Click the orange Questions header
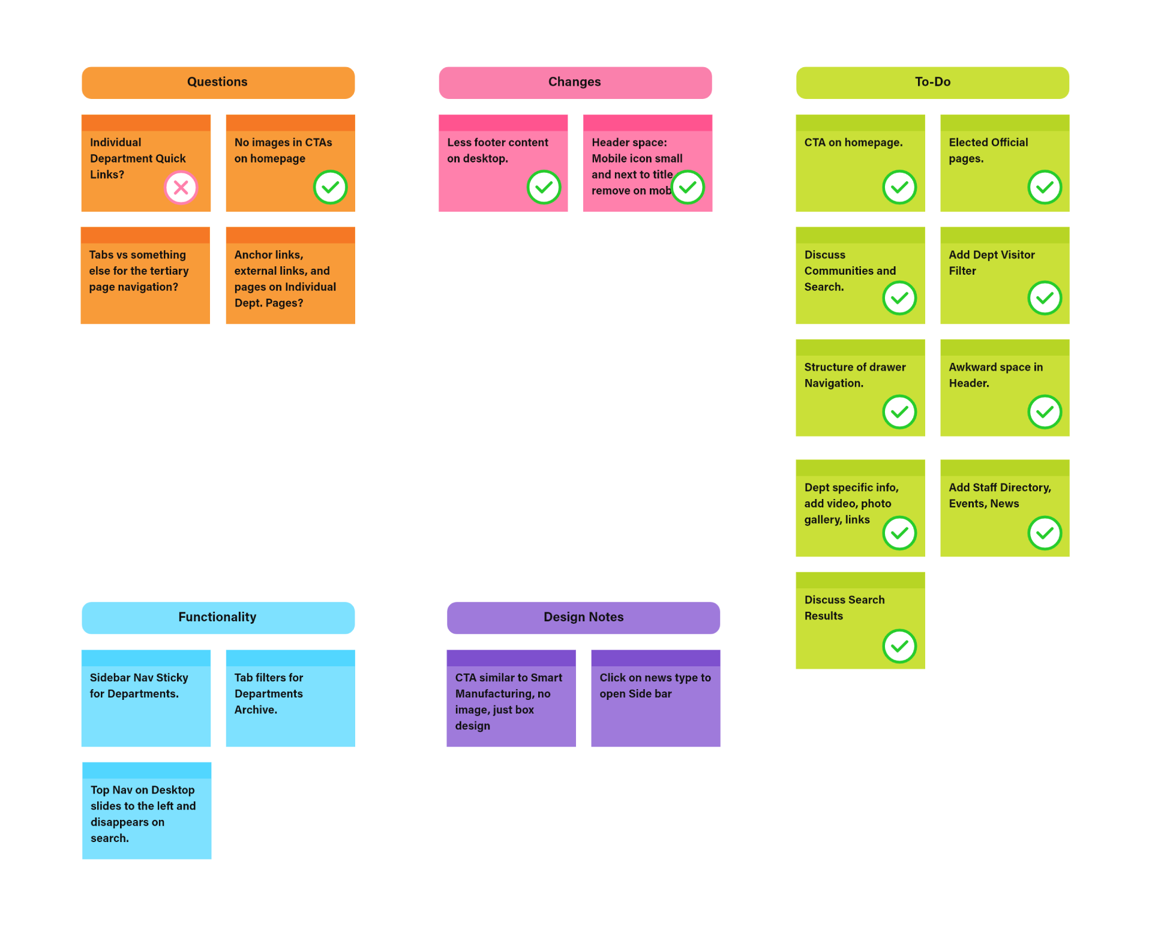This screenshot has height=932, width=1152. (218, 83)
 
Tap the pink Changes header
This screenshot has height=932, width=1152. (575, 83)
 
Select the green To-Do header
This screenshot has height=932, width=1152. (932, 83)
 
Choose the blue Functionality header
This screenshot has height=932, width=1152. (218, 617)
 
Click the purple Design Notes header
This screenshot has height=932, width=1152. (583, 617)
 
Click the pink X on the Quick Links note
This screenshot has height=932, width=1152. (181, 188)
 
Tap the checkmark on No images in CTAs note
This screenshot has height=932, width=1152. (330, 187)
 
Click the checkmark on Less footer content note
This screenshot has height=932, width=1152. (544, 187)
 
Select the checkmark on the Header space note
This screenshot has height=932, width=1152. (688, 187)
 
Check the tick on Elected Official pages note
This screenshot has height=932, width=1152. (1045, 187)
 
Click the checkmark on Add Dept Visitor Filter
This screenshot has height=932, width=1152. (1045, 298)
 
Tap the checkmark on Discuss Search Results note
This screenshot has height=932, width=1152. (899, 646)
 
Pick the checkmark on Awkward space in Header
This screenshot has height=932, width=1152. (1045, 411)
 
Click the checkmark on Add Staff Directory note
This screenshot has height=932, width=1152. (1045, 533)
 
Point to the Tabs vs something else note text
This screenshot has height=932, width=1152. (139, 271)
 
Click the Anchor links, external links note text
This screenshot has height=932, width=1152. (284, 279)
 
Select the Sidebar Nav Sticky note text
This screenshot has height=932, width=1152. (139, 686)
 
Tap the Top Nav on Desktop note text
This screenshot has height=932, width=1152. (143, 814)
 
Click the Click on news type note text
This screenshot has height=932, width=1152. (655, 686)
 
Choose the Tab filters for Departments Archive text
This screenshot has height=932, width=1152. (269, 693)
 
